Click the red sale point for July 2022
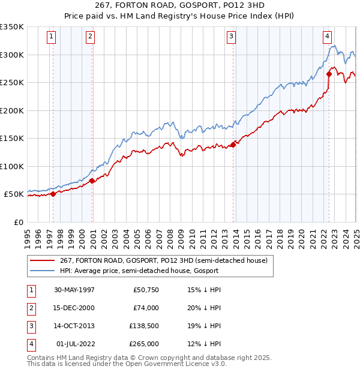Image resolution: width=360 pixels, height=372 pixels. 329,74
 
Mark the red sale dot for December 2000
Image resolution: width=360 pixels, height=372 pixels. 92,181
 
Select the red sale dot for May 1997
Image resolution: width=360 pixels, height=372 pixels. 53,193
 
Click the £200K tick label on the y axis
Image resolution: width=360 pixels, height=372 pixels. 12,110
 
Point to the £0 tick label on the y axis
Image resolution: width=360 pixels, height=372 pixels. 18,222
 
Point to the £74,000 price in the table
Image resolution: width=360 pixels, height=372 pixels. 146,308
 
